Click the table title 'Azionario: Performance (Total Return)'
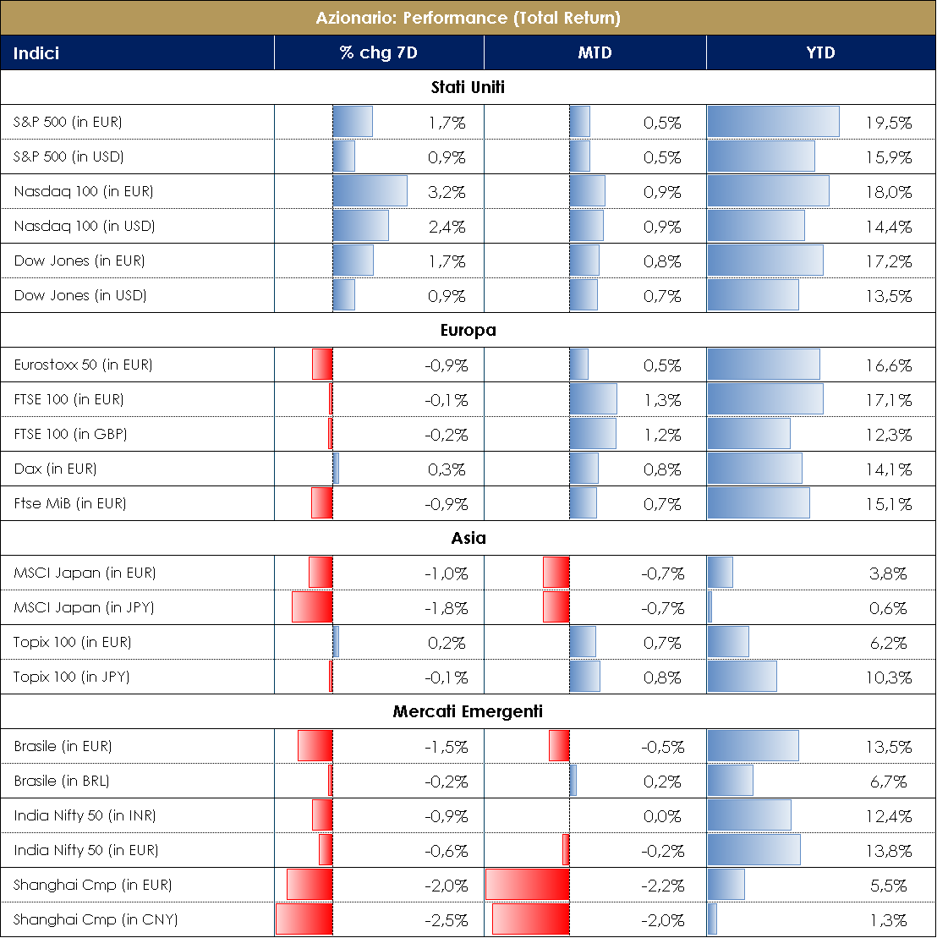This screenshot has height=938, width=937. pos(468,18)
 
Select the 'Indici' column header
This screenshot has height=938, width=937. pos(36,52)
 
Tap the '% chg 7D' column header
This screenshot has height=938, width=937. pos(378,52)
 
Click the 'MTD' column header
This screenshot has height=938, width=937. pos(594,52)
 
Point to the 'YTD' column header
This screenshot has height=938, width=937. pos(820,52)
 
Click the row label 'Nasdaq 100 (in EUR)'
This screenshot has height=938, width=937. pos(84,191)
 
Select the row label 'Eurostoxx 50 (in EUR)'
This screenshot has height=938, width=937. pos(84,365)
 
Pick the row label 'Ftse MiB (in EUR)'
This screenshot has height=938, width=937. pos(70,503)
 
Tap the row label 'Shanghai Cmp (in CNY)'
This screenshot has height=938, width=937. pos(96,919)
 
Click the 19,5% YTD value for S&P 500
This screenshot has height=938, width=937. pos(888,123)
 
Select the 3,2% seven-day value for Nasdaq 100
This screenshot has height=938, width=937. pos(447,192)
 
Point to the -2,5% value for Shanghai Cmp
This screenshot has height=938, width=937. pos(446,920)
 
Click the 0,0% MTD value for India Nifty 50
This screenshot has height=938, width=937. pos(663,816)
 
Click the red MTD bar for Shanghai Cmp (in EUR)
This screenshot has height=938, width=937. pos(527,885)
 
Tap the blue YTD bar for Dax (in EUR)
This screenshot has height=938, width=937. pos(754,469)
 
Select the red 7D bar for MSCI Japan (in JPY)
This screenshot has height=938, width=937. pos(312,607)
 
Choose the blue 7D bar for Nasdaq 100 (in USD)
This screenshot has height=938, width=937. pos(360,226)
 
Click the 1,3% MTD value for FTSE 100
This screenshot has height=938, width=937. pos(663,400)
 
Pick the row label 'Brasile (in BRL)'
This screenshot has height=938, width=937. pos(62,781)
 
